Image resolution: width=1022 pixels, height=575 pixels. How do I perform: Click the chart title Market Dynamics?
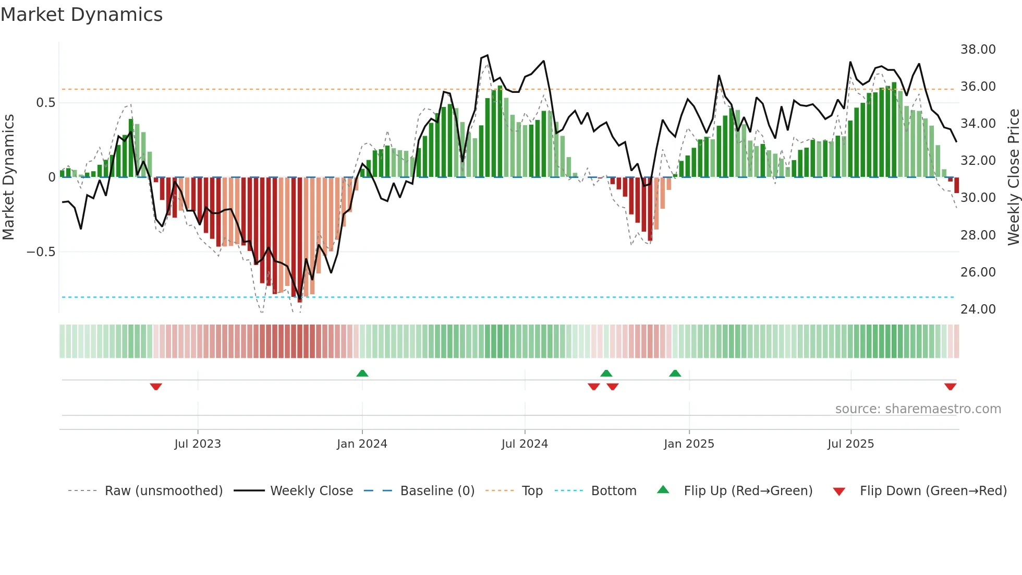[81, 15]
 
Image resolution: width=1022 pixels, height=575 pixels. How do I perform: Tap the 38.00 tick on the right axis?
[978, 50]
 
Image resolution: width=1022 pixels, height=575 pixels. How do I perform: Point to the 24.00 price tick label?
[978, 309]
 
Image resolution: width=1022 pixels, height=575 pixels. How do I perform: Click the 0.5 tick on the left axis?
[45, 103]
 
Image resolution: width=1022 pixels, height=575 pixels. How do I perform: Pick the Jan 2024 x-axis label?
[362, 444]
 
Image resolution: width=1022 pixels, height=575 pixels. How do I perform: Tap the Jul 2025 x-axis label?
[850, 444]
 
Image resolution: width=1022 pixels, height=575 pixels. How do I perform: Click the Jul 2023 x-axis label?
[198, 444]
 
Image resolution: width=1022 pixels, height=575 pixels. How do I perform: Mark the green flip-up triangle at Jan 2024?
[362, 373]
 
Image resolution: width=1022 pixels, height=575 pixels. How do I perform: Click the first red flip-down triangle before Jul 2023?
[156, 387]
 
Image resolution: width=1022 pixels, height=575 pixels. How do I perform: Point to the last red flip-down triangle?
[950, 387]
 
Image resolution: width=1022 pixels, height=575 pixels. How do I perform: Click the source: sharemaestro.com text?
[918, 409]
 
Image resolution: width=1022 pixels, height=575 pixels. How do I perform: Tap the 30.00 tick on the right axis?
[978, 198]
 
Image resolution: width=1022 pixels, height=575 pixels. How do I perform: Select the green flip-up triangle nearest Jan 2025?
[675, 373]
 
